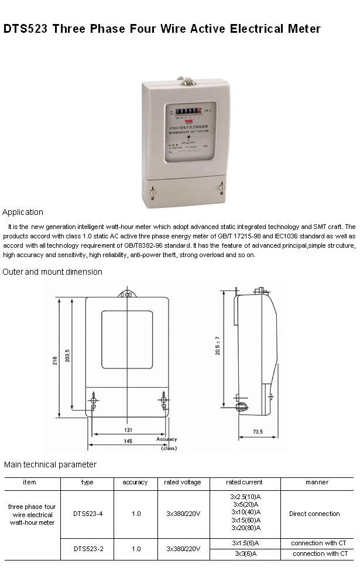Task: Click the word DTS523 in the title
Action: (26, 29)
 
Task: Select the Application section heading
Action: (23, 212)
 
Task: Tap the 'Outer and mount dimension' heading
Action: (52, 272)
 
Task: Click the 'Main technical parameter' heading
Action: (50, 464)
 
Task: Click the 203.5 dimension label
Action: (67, 356)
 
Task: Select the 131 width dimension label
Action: (127, 429)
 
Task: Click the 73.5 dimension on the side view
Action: (258, 432)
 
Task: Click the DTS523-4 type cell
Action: (88, 514)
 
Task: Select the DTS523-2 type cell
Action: (88, 549)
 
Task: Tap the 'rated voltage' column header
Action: (183, 483)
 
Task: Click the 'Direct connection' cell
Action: (314, 514)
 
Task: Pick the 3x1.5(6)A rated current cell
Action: (245, 543)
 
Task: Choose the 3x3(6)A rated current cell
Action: (245, 553)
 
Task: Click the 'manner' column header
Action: (317, 483)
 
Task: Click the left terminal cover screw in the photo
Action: (153, 190)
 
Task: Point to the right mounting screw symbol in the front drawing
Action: (163, 401)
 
